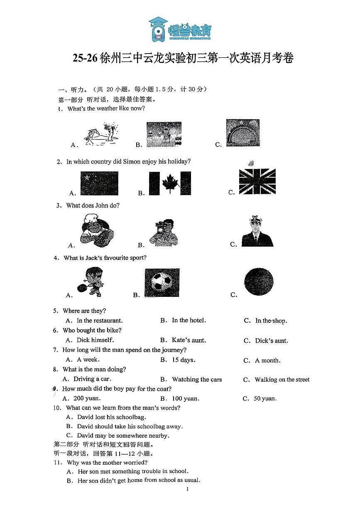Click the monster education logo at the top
click(180, 29)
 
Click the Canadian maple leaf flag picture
click(170, 184)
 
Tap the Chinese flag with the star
click(99, 184)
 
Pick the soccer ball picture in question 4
click(162, 283)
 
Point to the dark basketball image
click(259, 282)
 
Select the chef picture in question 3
click(96, 231)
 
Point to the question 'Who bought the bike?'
click(92, 330)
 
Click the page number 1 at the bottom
click(188, 489)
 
